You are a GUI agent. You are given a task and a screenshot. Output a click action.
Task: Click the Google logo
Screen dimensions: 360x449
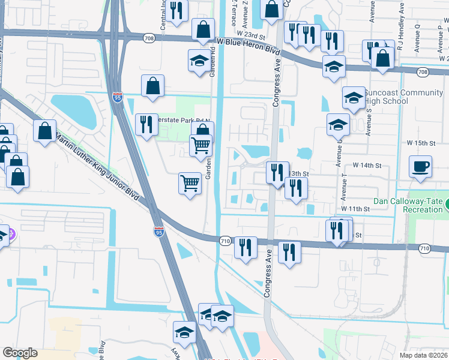tap(20, 353)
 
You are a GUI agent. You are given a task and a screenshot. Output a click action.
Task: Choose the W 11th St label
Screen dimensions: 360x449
tap(354, 208)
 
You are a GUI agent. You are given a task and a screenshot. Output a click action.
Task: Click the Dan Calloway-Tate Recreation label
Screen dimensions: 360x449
tap(408, 205)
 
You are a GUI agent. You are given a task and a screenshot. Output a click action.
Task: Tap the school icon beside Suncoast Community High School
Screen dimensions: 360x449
tap(354, 97)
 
